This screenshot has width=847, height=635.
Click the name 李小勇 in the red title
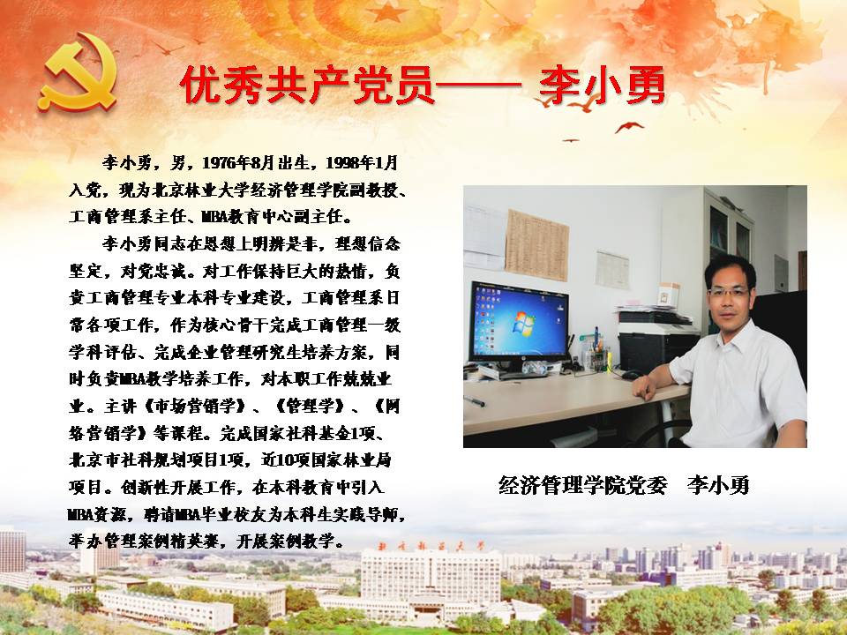pyautogui.click(x=602, y=86)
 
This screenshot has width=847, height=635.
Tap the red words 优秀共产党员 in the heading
pyautogui.click(x=307, y=86)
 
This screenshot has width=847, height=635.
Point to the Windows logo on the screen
pyautogui.click(x=522, y=323)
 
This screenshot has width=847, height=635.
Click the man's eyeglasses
pyautogui.click(x=730, y=292)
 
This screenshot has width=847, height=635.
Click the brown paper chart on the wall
pyautogui.click(x=536, y=245)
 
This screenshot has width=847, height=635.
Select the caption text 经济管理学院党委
pyautogui.click(x=583, y=485)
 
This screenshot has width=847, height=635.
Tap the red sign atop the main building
pyautogui.click(x=431, y=546)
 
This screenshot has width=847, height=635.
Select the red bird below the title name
pyautogui.click(x=629, y=127)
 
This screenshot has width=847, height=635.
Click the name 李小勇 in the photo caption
pyautogui.click(x=718, y=485)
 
